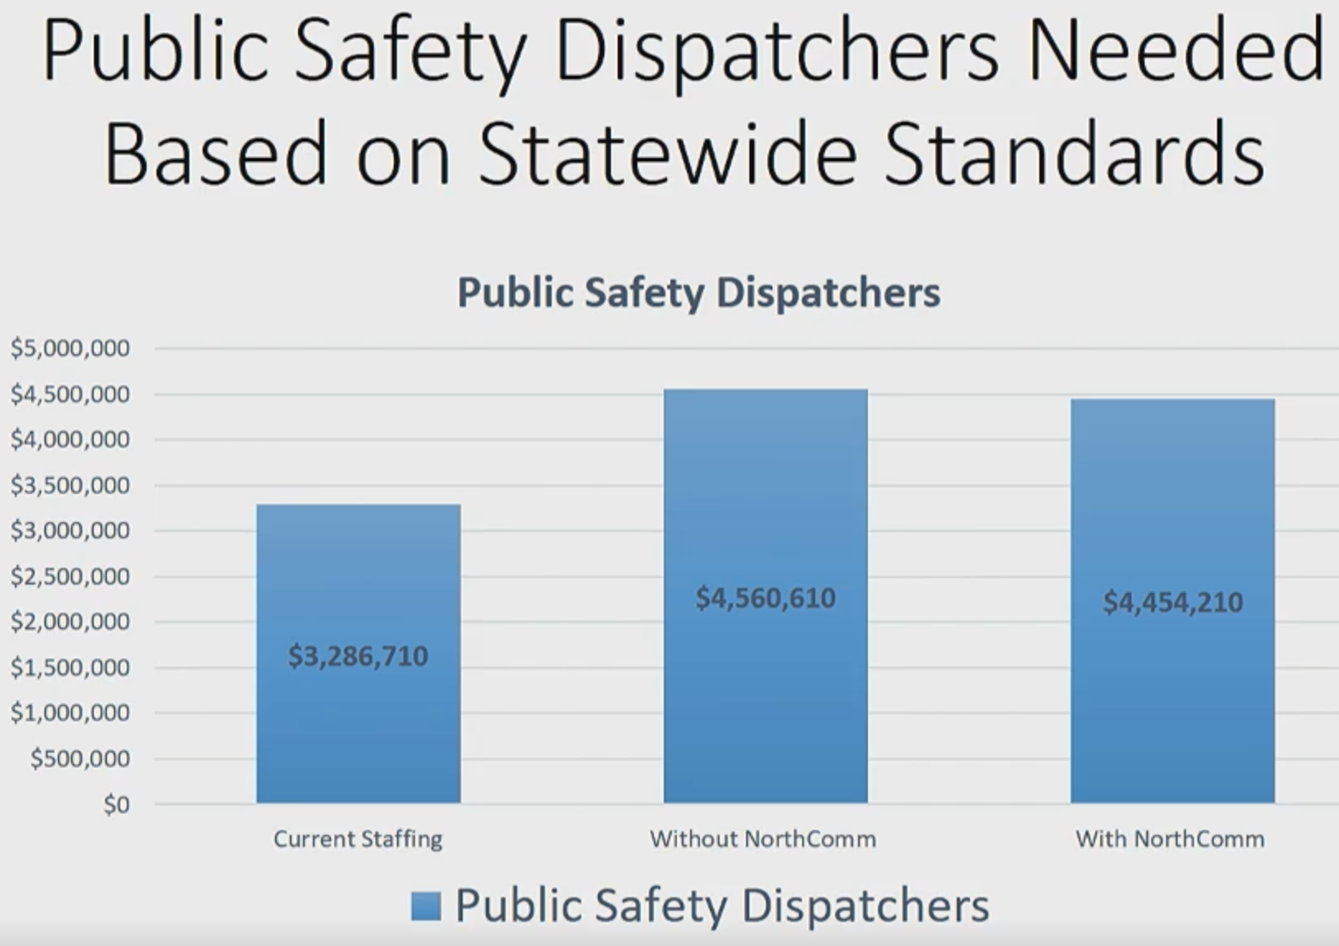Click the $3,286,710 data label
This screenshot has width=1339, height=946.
[358, 656]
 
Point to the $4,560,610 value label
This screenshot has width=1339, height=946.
[765, 598]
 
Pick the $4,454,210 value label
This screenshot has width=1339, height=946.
[1173, 603]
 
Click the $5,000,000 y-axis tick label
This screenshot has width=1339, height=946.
[70, 348]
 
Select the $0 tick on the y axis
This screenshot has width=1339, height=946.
[116, 804]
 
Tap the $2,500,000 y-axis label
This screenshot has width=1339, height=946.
[70, 576]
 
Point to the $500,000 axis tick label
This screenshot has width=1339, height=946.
[80, 758]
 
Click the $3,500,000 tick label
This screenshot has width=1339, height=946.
[70, 485]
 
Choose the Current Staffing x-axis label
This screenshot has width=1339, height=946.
[358, 839]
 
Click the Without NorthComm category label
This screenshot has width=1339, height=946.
[763, 839]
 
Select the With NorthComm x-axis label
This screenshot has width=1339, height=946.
[1169, 839]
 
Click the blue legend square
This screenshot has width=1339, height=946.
[426, 906]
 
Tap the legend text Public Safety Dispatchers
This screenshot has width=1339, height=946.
[722, 906]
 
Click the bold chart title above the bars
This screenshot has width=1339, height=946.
[698, 292]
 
